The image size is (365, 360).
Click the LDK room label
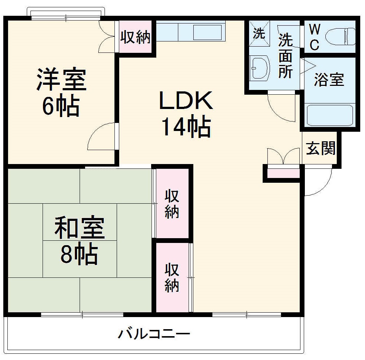pos(186,101)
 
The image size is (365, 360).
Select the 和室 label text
pos(79,228)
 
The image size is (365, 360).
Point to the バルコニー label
pos(154,334)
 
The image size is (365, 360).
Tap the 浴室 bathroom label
pos(329,80)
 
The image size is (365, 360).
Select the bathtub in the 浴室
pos(329,116)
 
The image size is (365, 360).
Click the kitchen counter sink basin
pos(207,32)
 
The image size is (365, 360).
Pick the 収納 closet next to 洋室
pos(136,37)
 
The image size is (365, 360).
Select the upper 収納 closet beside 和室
pos(172,204)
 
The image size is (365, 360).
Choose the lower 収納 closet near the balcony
pos(172,277)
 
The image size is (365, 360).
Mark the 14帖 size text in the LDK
pos(186,127)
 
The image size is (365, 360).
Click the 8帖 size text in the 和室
pos(79,254)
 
